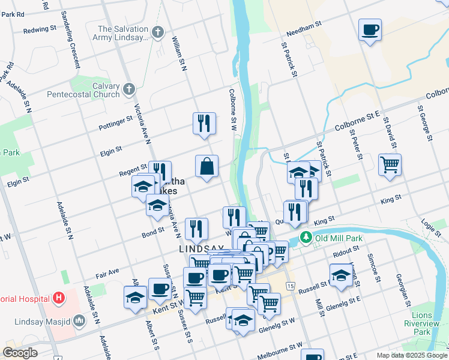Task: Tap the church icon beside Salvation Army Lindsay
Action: click(x=157, y=32)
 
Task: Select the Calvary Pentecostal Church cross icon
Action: click(x=128, y=90)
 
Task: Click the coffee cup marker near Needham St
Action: click(x=370, y=29)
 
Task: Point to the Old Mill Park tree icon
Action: click(x=306, y=238)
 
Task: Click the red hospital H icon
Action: click(x=58, y=297)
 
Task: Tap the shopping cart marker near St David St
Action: click(x=390, y=164)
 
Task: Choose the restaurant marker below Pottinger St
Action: click(x=204, y=124)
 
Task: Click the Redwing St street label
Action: click(x=38, y=30)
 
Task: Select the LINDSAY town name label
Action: click(x=201, y=248)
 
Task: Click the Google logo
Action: click(x=20, y=353)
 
